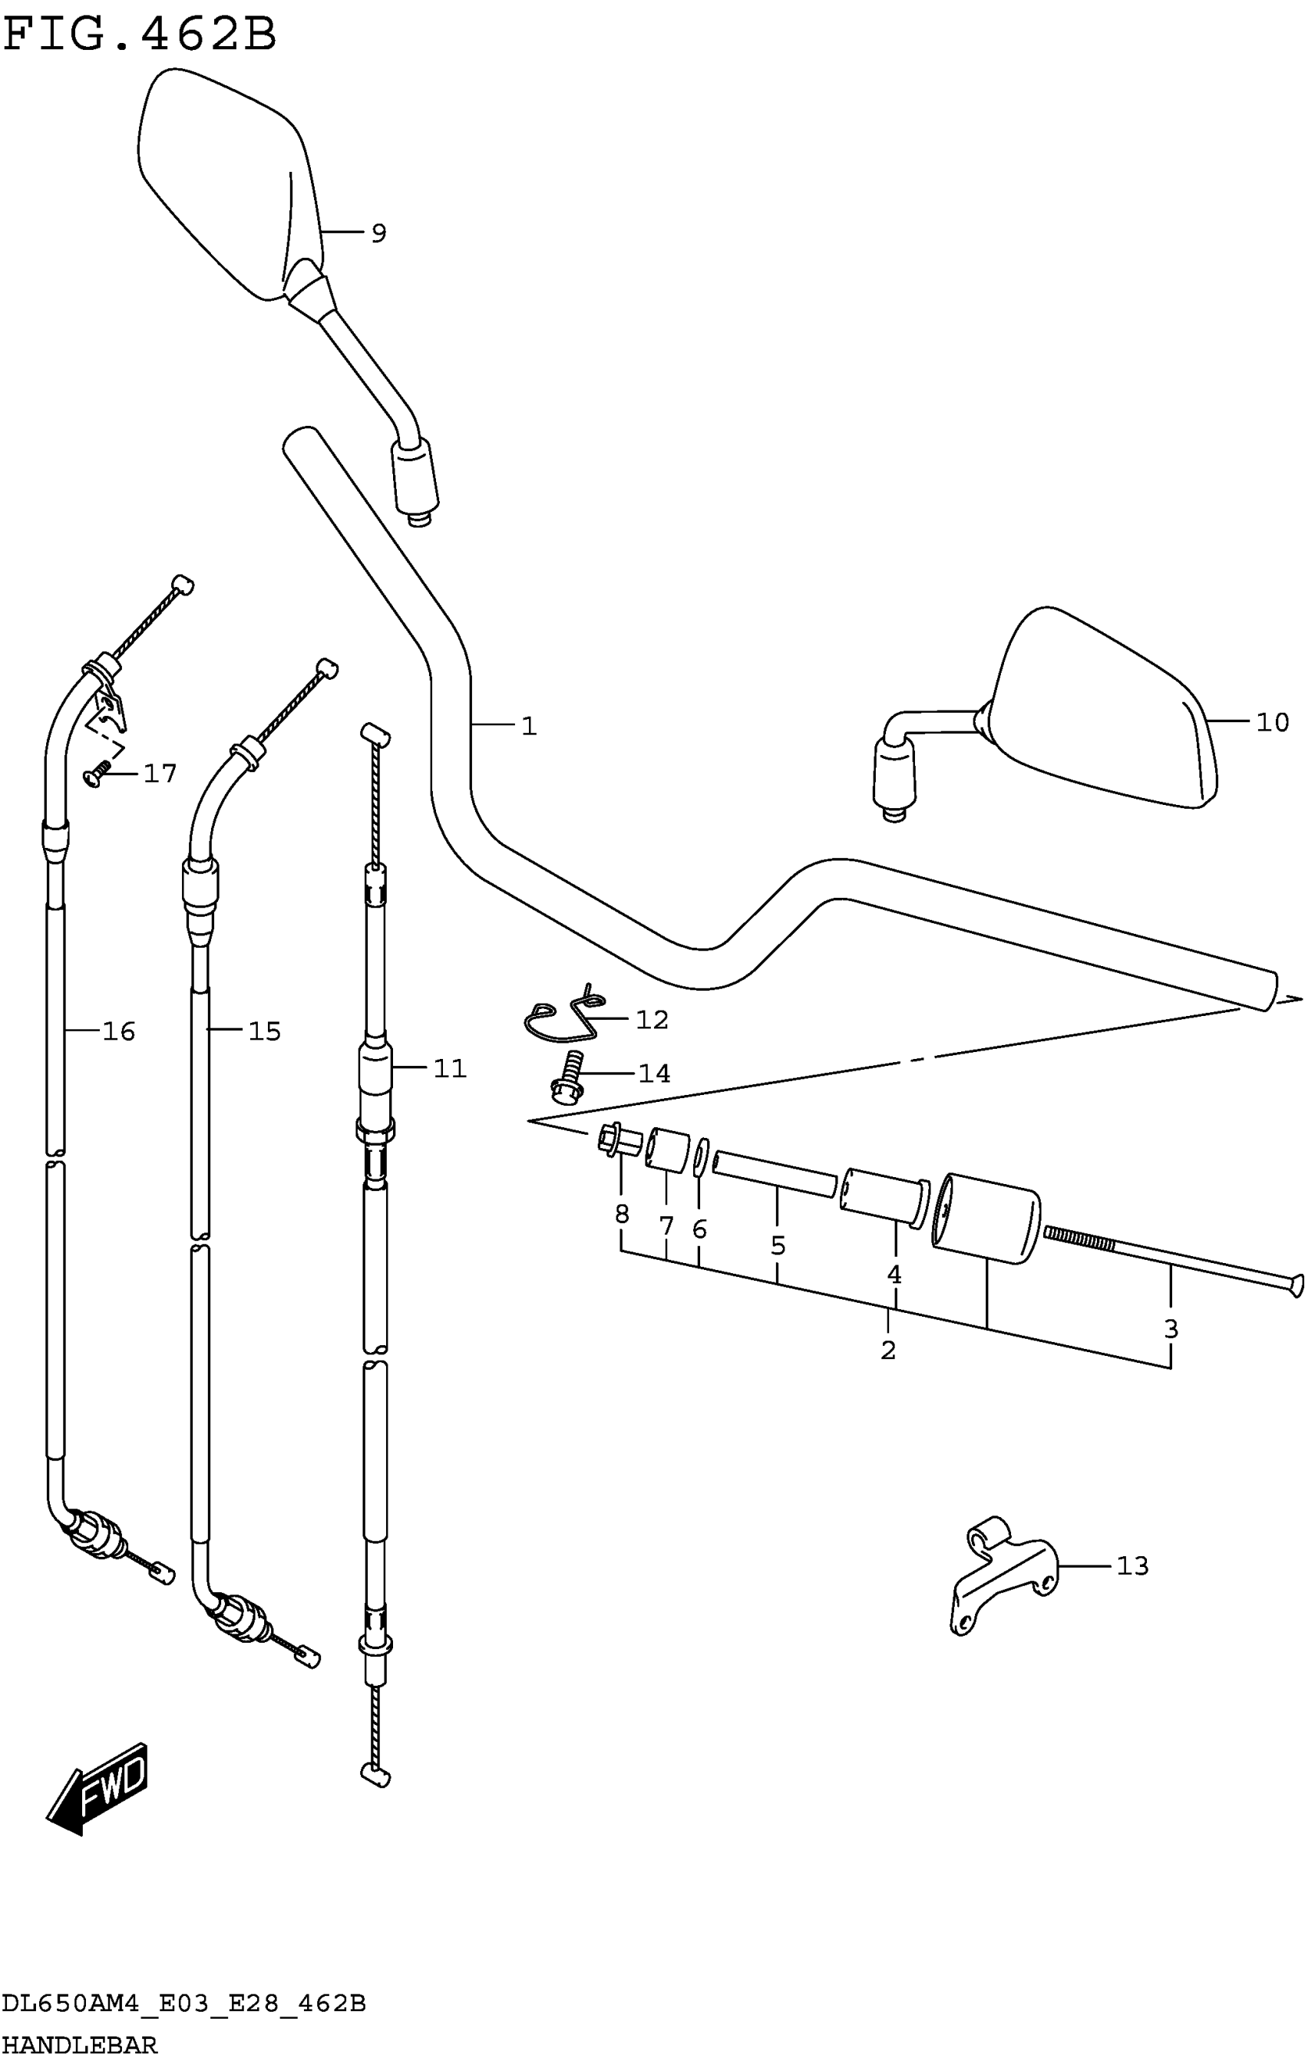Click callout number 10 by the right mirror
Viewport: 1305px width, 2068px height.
(1271, 722)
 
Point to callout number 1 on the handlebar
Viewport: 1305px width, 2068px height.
(528, 727)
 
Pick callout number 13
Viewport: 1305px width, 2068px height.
(1132, 1566)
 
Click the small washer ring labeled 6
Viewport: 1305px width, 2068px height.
(701, 1159)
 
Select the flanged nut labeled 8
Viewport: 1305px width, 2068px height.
(619, 1140)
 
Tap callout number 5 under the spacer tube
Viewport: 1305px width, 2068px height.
(778, 1245)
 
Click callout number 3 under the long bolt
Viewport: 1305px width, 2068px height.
(1170, 1328)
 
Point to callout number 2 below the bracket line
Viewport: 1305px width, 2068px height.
(887, 1350)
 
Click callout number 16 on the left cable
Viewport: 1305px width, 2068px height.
(118, 1031)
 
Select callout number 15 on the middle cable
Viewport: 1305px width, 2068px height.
(264, 1031)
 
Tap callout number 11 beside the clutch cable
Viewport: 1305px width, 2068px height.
(449, 1068)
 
